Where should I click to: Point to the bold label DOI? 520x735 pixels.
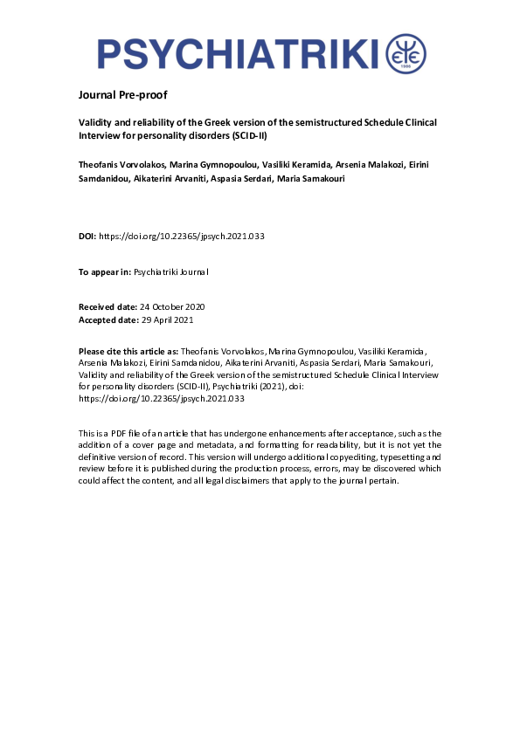click(87, 237)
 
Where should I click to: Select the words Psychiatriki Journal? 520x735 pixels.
click(171, 272)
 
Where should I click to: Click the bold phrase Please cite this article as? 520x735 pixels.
click(128, 349)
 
